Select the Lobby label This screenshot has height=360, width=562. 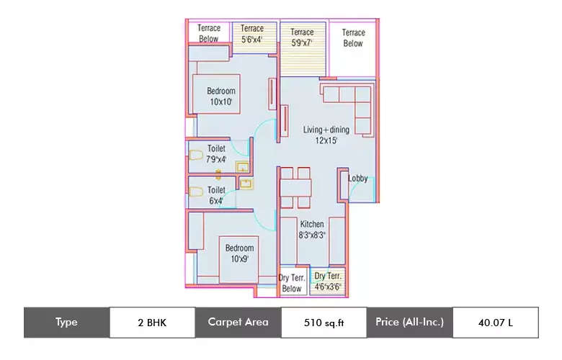(358, 179)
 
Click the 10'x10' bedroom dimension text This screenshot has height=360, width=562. (221, 102)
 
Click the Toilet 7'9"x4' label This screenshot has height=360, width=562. (216, 154)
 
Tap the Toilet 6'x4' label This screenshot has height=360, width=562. (216, 195)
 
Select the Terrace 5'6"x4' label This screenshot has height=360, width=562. (252, 33)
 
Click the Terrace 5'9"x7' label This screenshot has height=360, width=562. (302, 37)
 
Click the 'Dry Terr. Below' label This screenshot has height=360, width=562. (292, 284)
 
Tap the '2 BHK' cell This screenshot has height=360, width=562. (151, 323)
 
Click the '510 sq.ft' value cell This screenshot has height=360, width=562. (324, 323)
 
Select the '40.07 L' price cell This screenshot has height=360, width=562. (495, 323)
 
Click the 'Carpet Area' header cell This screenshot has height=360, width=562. (238, 323)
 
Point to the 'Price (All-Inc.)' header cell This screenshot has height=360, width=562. (409, 323)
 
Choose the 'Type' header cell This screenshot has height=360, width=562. (66, 323)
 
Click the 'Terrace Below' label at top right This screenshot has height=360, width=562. (353, 37)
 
